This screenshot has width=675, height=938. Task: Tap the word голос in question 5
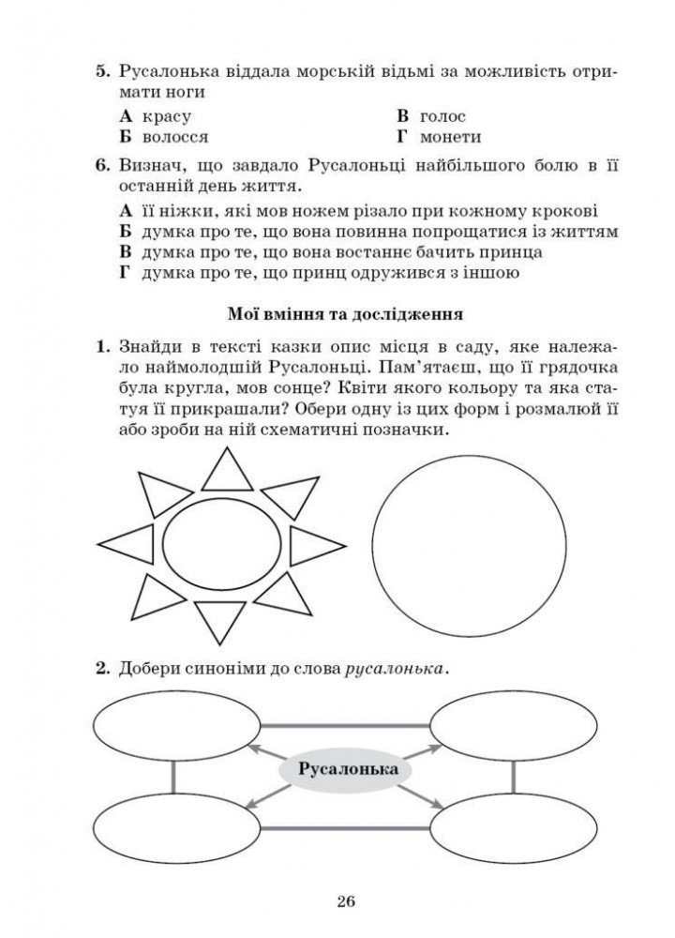[x=442, y=116]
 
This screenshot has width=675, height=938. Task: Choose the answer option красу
[x=167, y=116]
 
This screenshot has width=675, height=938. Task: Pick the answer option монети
[x=450, y=137]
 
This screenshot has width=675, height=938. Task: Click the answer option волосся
[x=175, y=137]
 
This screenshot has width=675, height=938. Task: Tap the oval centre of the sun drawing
[x=222, y=543]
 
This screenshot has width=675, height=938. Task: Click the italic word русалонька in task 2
[x=396, y=669]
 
